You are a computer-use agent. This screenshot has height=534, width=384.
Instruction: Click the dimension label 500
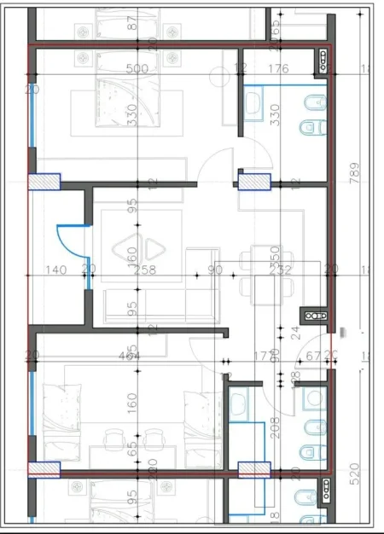point(137,69)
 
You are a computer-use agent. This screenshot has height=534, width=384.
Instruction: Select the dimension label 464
point(131,356)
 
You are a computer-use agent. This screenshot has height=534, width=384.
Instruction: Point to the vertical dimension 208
point(276,425)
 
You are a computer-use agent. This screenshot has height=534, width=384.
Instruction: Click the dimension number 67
point(315,356)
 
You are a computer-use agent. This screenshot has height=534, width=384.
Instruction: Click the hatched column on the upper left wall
point(44,182)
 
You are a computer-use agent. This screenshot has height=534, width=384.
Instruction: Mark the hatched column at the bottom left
point(44,468)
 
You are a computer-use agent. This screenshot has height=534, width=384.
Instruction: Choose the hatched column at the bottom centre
point(253,468)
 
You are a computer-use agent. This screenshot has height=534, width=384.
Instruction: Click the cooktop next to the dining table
point(316,316)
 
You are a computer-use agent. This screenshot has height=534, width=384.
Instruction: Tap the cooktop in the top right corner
point(324,57)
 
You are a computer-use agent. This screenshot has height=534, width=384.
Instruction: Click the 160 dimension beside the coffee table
point(132,255)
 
